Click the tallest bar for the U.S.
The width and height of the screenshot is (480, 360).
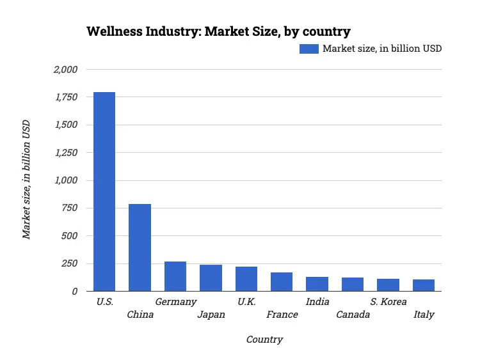click(104, 192)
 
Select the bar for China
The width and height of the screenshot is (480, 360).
click(140, 247)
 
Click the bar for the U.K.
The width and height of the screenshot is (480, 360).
click(246, 279)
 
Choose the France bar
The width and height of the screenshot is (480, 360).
click(282, 282)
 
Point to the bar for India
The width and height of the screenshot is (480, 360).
click(317, 284)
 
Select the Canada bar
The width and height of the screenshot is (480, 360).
click(353, 285)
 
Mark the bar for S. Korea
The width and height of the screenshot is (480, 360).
click(388, 285)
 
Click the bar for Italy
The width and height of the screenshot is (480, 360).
click(424, 285)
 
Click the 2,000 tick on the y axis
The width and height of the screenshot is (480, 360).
click(65, 70)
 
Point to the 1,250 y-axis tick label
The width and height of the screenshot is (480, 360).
click(65, 153)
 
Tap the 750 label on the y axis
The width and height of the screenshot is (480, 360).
click(69, 208)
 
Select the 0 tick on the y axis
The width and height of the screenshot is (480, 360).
click(75, 292)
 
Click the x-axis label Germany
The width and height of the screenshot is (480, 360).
click(175, 302)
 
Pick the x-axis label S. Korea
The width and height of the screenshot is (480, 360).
click(388, 302)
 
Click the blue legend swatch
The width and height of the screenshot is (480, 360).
click(308, 49)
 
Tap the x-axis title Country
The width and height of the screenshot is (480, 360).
click(264, 340)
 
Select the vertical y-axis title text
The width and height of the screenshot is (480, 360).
click(26, 180)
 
